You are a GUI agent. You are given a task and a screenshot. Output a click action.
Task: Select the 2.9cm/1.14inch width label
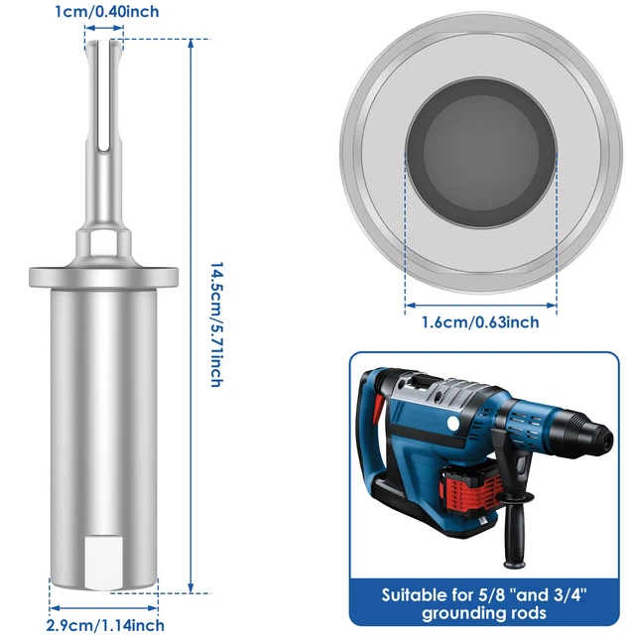point(106,624)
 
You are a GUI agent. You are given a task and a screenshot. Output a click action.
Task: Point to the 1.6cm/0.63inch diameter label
point(481,321)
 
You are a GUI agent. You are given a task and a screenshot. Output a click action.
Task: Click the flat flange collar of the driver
point(104,274)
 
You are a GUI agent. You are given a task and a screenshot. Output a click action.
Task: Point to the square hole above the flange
point(103,241)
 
